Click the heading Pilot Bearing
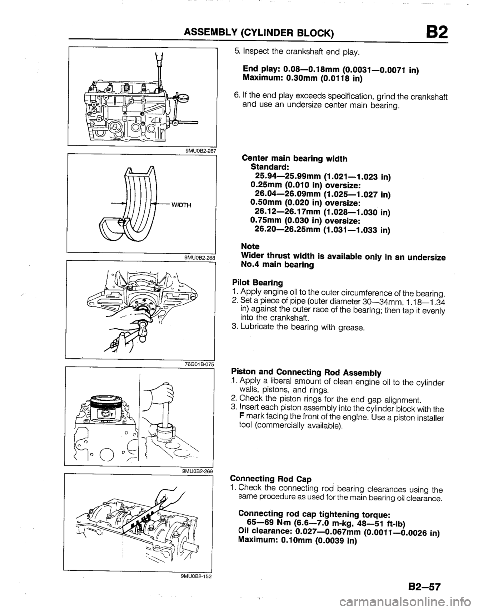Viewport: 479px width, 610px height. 254,282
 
